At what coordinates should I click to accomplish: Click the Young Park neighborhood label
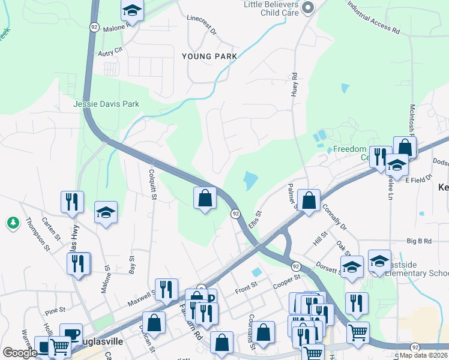click(209, 56)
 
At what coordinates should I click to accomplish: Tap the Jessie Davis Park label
click(106, 104)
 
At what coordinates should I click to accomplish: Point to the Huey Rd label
click(295, 85)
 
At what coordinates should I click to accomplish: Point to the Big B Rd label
click(419, 241)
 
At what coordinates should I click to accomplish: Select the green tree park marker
click(13, 223)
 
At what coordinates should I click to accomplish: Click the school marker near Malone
click(132, 10)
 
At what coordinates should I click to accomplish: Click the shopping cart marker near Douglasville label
click(59, 346)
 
